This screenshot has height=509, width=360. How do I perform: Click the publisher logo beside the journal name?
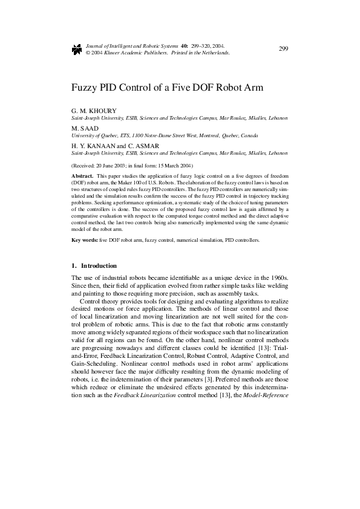(76, 49)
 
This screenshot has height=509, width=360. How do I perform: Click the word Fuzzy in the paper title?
(85, 86)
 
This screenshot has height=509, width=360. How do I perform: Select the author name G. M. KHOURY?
(90, 111)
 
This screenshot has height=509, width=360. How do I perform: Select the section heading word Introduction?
(99, 265)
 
